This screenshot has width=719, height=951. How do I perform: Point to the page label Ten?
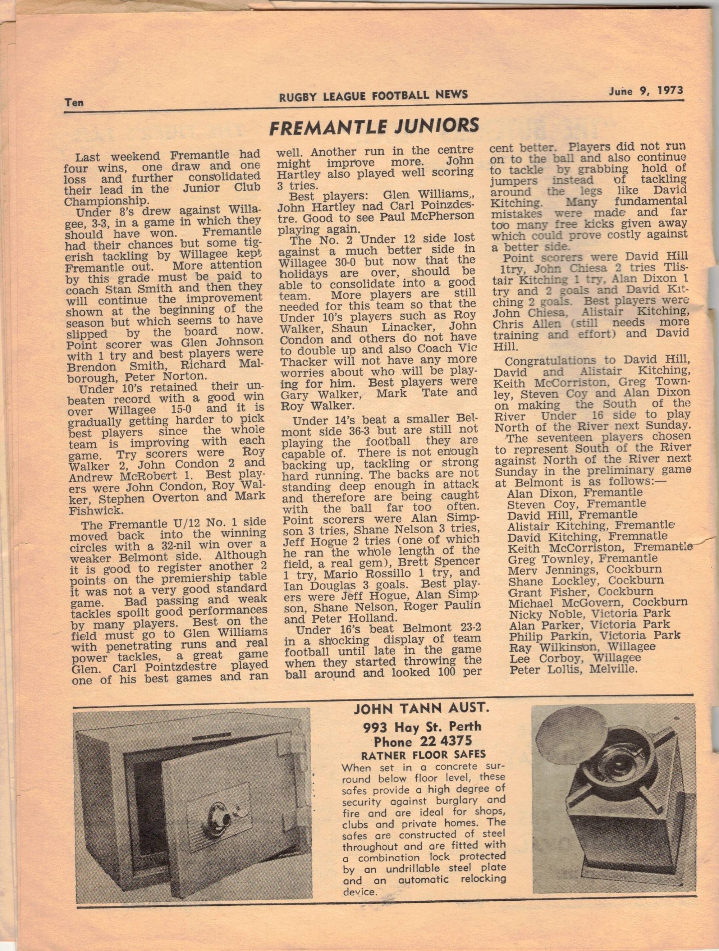pos(74,102)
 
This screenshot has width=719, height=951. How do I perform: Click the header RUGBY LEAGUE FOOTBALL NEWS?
pos(373,95)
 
